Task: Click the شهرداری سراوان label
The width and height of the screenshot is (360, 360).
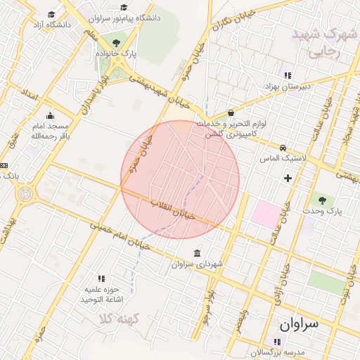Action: pyautogui.click(x=196, y=264)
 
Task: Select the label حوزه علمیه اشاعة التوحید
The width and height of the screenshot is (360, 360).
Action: pyautogui.click(x=103, y=294)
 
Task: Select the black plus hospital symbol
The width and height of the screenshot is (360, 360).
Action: pyautogui.click(x=287, y=178)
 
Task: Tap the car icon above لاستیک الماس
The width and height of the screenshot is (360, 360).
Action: pyautogui.click(x=283, y=148)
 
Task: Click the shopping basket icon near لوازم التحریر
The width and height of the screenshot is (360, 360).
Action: pyautogui.click(x=231, y=113)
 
